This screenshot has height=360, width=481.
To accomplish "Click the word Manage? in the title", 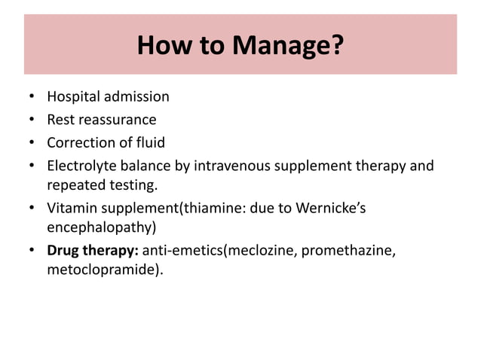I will (x=287, y=46).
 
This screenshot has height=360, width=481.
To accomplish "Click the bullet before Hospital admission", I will (x=32, y=97).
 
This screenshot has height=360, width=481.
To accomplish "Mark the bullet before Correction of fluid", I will (x=32, y=142).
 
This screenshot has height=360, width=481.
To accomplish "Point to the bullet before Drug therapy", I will (x=32, y=252).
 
